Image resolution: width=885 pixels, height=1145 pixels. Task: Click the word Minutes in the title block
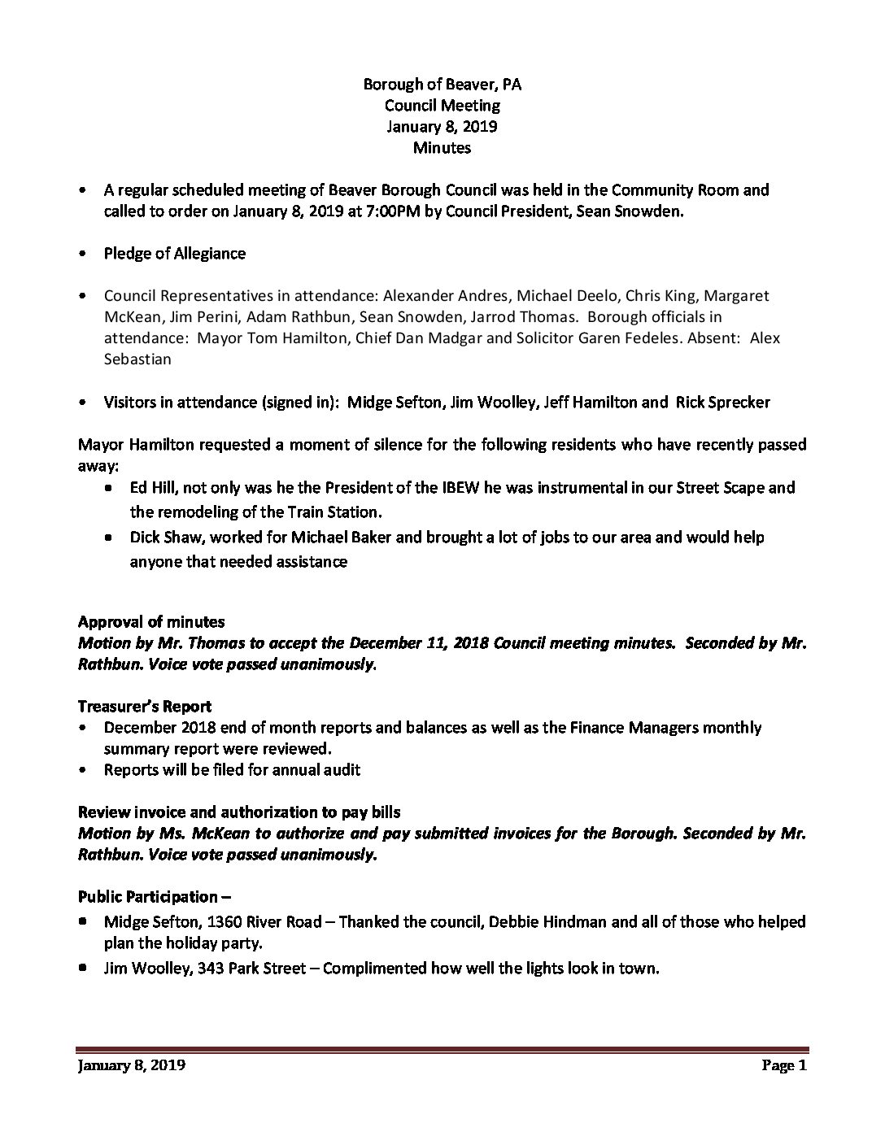[x=442, y=148]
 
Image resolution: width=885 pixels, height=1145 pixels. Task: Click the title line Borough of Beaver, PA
[x=442, y=85]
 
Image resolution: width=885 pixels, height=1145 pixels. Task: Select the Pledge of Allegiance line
[x=174, y=254]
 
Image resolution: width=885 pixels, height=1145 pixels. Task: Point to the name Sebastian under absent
[x=137, y=359]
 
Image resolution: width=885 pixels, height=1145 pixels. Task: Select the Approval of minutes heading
[x=151, y=622]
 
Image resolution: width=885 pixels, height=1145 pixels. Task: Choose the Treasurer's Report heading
[x=145, y=706]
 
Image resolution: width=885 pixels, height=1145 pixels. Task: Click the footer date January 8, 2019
[x=132, y=1066]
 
